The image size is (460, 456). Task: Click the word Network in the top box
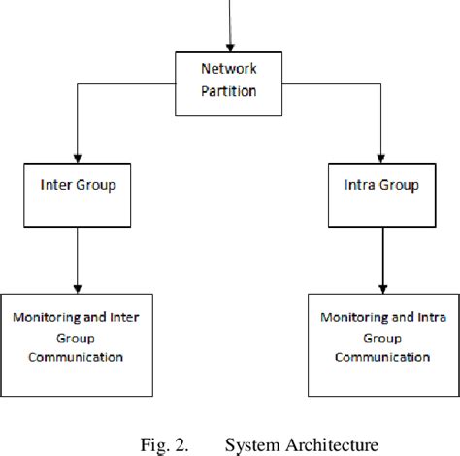(230, 69)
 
